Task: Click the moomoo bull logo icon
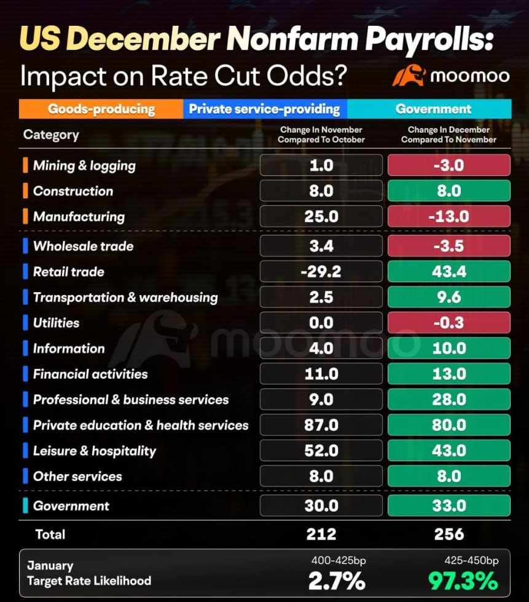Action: (x=409, y=76)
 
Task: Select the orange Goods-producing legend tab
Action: (x=101, y=109)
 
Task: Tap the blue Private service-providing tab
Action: (x=264, y=109)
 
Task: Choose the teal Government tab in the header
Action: (x=433, y=109)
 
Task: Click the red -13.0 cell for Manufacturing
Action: (x=449, y=216)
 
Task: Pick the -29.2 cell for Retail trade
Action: (x=321, y=272)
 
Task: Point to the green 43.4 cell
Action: (x=449, y=272)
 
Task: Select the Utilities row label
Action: (x=56, y=323)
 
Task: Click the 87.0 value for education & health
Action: (x=321, y=425)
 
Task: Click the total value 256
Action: (x=449, y=534)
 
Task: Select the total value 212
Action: (x=321, y=534)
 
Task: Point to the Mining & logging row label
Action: (x=84, y=165)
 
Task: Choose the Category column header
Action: (x=51, y=135)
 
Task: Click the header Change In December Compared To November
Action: (x=449, y=135)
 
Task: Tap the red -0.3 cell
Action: (x=449, y=323)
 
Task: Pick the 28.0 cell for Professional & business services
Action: (x=449, y=400)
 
